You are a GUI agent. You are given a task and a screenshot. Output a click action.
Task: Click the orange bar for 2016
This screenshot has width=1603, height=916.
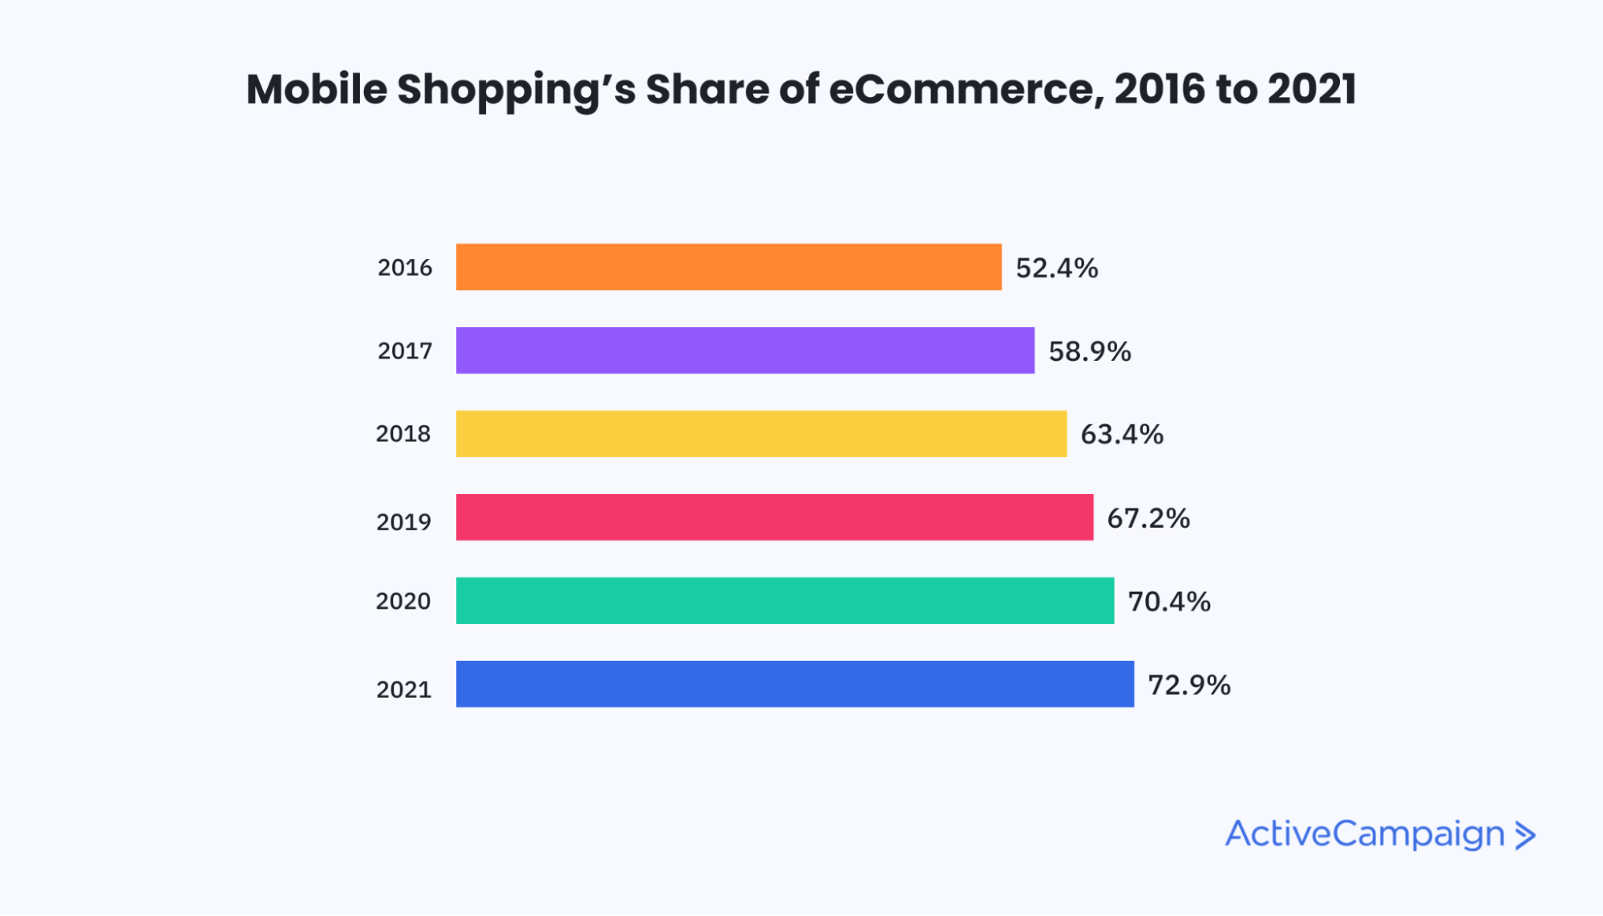click(x=728, y=267)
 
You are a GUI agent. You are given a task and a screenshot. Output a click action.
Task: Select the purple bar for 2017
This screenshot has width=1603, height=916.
click(x=745, y=351)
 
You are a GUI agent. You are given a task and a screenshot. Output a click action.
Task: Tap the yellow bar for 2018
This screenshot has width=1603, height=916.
click(x=761, y=434)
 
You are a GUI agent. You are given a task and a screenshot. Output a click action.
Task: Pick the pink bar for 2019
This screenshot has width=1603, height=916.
click(x=775, y=517)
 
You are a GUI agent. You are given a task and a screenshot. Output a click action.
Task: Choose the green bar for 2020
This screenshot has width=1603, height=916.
click(x=785, y=601)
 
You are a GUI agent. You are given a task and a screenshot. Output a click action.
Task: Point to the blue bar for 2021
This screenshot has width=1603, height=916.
click(x=795, y=684)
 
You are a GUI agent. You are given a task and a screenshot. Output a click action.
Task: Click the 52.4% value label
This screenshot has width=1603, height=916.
click(x=1057, y=268)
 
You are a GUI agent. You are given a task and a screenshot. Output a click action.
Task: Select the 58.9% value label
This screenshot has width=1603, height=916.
click(x=1090, y=351)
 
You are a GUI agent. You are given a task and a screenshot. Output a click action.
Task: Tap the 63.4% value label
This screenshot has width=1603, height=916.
click(x=1122, y=435)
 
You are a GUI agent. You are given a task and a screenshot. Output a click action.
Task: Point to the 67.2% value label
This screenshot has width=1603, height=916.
click(x=1148, y=518)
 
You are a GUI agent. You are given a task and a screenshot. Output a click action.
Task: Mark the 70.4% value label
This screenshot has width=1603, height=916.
click(x=1169, y=602)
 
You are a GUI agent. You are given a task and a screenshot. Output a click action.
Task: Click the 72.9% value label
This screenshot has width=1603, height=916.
click(x=1189, y=685)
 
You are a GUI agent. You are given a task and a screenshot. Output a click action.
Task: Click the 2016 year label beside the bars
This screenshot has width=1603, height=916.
click(x=405, y=268)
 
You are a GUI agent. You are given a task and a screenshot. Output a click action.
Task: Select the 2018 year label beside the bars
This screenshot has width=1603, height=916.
click(x=403, y=434)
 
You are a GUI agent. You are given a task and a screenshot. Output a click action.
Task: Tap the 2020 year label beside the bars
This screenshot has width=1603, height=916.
click(x=403, y=602)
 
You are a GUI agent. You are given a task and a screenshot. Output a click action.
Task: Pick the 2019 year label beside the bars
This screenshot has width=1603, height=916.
click(x=403, y=522)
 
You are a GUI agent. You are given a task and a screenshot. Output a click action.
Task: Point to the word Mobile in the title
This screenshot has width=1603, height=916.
click(x=317, y=89)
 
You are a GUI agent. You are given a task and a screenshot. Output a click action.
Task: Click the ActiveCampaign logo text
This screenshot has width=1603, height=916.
click(x=1365, y=835)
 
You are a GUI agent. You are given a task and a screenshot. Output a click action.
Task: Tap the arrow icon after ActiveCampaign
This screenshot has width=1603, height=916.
click(x=1525, y=836)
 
